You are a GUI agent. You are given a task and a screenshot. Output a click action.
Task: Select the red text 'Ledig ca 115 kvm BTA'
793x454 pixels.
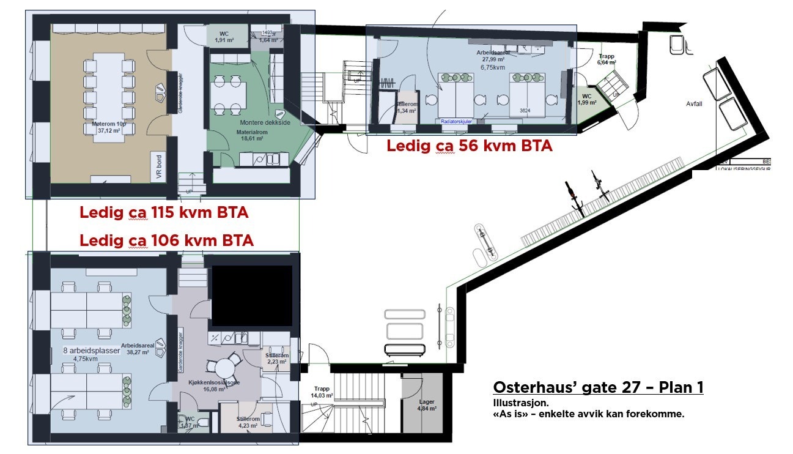[x=164, y=213]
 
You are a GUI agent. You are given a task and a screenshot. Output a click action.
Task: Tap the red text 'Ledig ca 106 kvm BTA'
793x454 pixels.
[x=166, y=240]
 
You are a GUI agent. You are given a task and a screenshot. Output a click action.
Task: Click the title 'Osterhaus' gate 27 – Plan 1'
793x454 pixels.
[x=597, y=387]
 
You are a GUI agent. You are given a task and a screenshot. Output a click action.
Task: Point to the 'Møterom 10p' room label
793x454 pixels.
[x=100, y=124]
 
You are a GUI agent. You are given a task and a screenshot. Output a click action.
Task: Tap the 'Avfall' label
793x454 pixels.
[x=694, y=104]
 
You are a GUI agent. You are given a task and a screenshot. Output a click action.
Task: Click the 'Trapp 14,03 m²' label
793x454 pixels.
[x=322, y=392]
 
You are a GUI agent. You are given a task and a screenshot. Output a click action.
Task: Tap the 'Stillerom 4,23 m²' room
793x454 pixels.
[x=248, y=422]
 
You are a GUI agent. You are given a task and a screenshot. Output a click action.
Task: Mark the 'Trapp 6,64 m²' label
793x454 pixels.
[x=607, y=59]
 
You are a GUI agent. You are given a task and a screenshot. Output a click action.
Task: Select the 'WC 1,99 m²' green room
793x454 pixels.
[x=586, y=99]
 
